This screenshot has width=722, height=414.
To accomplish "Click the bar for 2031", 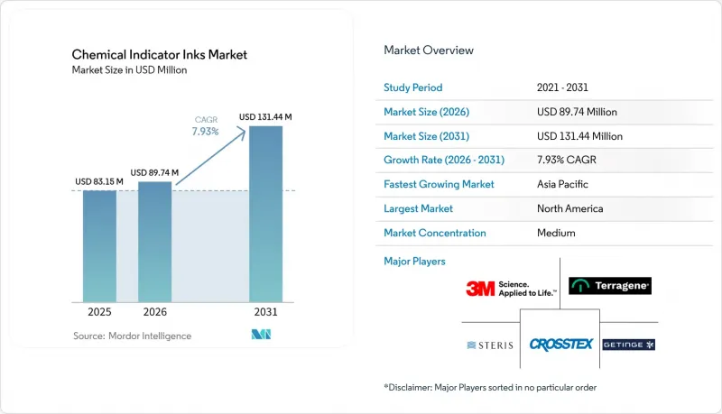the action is point(265,214).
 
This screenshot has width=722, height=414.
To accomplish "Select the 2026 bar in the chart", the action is point(154,242).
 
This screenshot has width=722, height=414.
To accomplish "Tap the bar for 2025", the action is point(99,246).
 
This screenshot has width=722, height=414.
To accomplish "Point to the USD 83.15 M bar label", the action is point(99,181).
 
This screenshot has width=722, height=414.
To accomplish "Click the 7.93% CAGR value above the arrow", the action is point(206,132).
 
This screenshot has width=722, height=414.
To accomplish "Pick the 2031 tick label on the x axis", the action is point(265,312).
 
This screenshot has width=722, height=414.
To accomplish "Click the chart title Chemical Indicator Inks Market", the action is point(160,55).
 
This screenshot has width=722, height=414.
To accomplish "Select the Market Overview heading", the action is point(429,51).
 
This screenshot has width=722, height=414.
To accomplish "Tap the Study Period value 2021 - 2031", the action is point(562,87).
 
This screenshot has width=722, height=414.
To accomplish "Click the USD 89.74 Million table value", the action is point(577,112).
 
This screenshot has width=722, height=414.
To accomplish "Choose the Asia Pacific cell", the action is point(562,184).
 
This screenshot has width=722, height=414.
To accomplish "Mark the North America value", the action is point(570,208).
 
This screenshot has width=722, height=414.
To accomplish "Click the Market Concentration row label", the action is point(435,233).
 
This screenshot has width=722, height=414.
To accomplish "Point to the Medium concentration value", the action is point(556,233).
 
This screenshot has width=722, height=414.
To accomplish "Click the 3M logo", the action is point(511,289).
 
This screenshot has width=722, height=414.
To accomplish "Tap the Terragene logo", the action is point(610,286).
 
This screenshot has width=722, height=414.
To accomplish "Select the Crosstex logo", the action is point(560,345).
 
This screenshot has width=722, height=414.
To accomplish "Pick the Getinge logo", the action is point(628,345).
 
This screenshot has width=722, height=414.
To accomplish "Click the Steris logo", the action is point(490,345).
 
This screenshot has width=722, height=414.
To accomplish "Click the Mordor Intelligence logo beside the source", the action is point(261,335).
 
